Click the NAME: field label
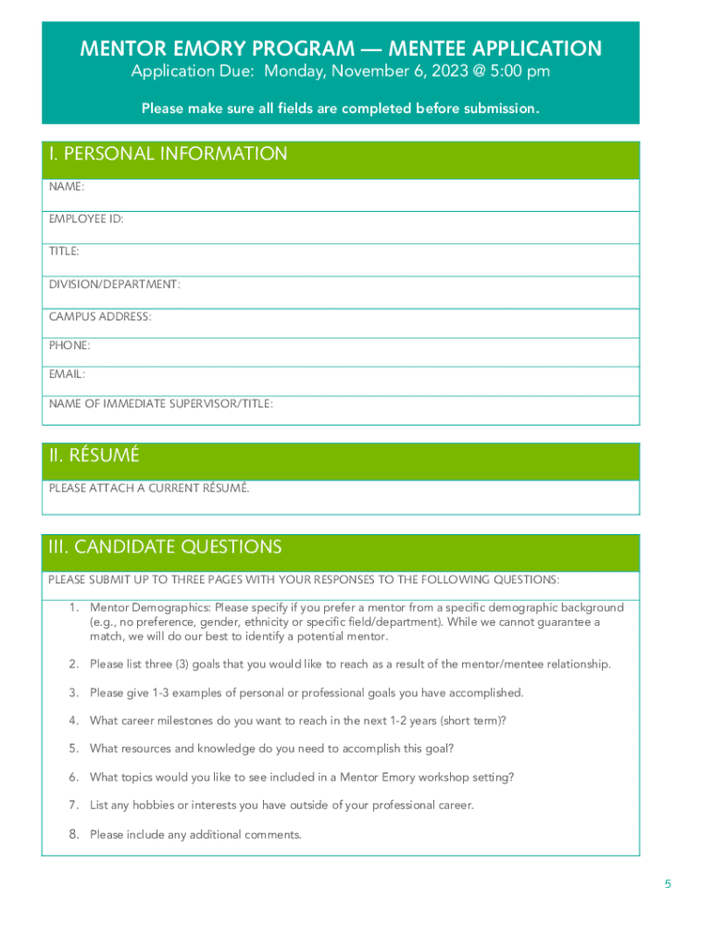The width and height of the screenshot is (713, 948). coord(67,187)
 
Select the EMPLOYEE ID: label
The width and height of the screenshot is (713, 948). coord(86,219)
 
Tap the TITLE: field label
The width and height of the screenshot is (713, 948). coord(64,251)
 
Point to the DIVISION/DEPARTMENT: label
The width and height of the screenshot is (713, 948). coord(115,284)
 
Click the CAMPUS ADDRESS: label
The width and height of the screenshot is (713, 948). coord(100,317)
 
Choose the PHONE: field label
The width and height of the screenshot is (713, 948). coord(69,345)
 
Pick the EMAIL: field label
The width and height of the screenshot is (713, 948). coord(67,374)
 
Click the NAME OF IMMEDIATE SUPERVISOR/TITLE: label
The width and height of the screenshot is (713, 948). coord(161,404)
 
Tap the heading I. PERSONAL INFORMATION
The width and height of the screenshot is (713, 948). coord(168,155)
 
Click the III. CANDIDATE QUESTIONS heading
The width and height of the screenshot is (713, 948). coord(165,547)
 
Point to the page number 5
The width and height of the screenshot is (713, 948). coord(668,884)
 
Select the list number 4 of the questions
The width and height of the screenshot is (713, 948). coord(73,720)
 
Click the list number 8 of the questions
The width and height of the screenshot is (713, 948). coord(73,834)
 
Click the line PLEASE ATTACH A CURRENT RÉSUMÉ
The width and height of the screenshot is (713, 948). coord(149,488)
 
